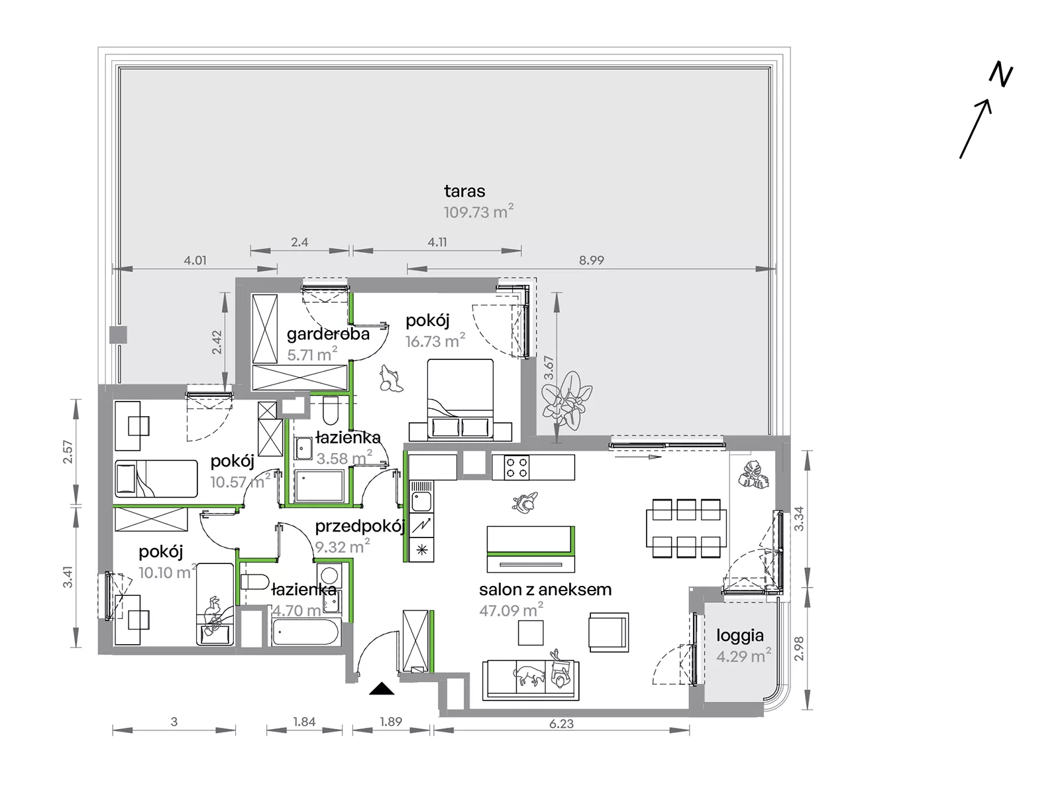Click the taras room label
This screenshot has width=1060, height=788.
point(464,192)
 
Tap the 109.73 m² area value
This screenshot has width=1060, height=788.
point(479,211)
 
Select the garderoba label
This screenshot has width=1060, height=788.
point(328,334)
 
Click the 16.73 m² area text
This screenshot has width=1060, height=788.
point(435,341)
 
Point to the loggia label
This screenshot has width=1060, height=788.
point(740,636)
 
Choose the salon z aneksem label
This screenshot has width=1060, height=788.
point(545,589)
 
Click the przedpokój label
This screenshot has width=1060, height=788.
point(360,526)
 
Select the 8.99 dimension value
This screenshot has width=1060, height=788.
point(591,260)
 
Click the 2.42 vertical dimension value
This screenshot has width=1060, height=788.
point(217,343)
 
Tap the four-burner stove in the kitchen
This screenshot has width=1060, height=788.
point(517,467)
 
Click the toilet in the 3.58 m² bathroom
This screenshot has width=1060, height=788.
point(331,410)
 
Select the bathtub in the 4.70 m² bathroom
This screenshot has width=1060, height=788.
point(306,632)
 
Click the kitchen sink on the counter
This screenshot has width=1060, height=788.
point(421,502)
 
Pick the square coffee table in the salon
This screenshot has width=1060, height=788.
point(531,632)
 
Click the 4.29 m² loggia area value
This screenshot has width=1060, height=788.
point(743,656)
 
